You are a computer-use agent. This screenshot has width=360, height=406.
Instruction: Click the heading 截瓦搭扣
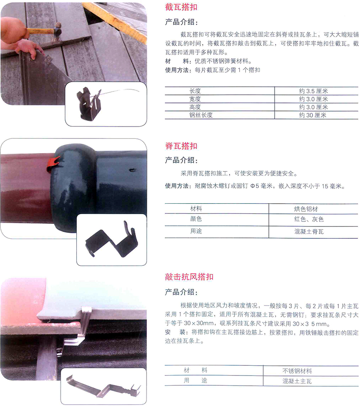click(181, 8)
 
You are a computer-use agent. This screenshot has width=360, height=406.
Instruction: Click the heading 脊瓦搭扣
click(181, 146)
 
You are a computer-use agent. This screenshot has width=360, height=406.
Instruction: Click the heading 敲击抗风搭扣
click(189, 277)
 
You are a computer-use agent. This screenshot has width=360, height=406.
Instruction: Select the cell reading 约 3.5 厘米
click(314, 91)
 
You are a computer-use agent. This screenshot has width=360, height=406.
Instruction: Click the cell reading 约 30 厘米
click(314, 115)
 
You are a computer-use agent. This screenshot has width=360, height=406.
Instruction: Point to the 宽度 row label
click(195, 99)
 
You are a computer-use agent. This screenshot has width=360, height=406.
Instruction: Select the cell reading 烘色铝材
click(306, 209)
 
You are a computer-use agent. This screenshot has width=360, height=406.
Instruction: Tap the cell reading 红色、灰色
click(309, 220)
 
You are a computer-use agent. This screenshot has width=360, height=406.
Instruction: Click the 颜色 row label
click(196, 219)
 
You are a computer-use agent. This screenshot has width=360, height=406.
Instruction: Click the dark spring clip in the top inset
click(89, 102)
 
